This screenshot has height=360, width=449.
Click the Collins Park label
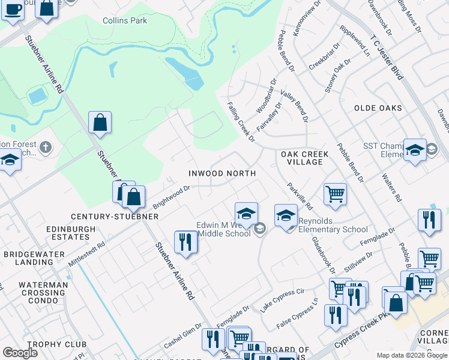(x=125, y=20)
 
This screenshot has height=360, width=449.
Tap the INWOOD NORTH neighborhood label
(x=222, y=173)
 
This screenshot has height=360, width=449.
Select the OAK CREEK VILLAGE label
(x=305, y=158)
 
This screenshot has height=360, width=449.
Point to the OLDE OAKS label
(x=378, y=108)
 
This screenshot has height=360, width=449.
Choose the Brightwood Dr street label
(x=171, y=196)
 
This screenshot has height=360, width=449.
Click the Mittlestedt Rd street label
(x=86, y=255)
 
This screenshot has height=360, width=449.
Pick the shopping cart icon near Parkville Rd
(x=335, y=194)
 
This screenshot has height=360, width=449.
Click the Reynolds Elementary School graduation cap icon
(x=286, y=215)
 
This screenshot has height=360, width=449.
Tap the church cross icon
(x=45, y=147)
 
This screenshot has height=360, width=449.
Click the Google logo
(x=20, y=353)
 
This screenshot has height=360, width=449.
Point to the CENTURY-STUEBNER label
(x=114, y=216)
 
